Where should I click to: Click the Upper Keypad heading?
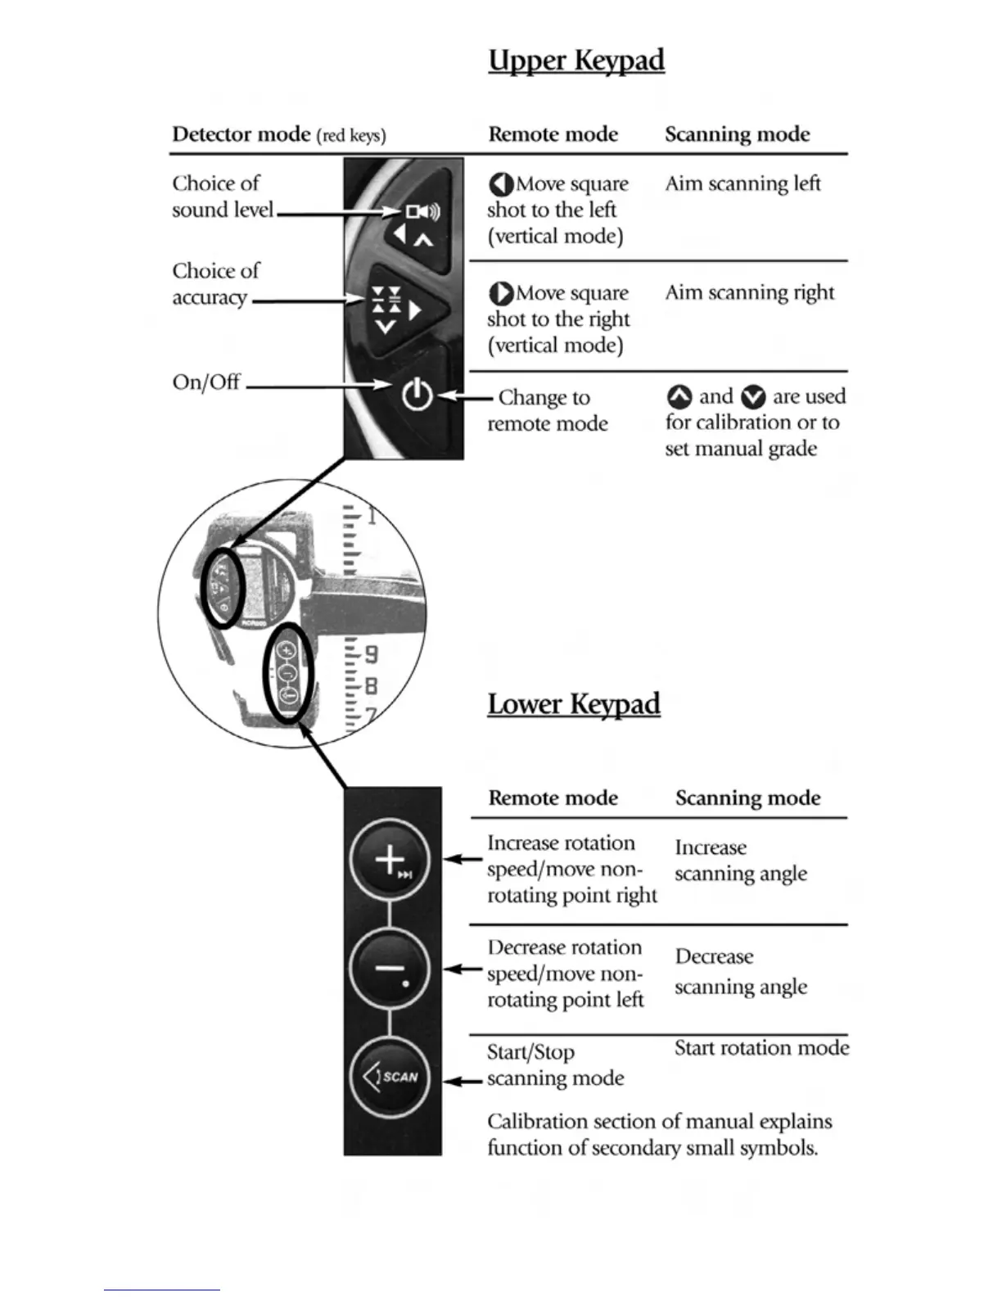pos(576,61)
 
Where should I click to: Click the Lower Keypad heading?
pos(574,704)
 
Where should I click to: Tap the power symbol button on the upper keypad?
pos(417,395)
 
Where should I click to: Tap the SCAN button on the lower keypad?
pos(390,1076)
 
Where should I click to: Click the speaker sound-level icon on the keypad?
pos(423,212)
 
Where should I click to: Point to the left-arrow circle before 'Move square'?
pos(501,184)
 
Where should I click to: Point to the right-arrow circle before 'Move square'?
pos(501,293)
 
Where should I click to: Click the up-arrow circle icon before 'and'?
pos(679,397)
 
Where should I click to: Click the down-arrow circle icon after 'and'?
pos(753,397)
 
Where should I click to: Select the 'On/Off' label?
pos(206,382)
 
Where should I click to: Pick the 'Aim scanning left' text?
pos(742,183)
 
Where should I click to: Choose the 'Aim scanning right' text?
pos(749,292)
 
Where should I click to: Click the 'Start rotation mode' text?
pos(761,1048)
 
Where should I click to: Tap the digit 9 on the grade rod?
pos(371,655)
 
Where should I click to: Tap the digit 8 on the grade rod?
pos(371,685)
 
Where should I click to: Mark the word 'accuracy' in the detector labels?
pos(210,297)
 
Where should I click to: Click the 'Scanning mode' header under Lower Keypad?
pos(747,798)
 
